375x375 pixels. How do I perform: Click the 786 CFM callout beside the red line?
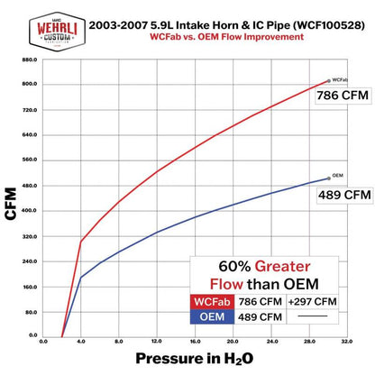pos(343,99)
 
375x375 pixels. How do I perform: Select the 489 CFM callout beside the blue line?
pos(343,194)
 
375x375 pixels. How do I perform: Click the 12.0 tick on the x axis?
pos(157,343)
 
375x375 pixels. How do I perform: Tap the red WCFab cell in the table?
pos(210,301)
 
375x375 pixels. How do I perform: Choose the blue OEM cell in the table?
pos(210,316)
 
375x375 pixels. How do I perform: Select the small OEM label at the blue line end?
pos(337,175)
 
